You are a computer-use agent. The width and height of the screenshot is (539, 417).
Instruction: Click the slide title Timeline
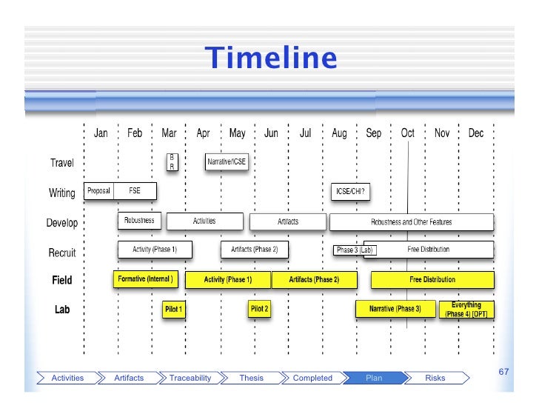pos(270,58)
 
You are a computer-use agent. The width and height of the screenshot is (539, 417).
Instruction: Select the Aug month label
pos(339,134)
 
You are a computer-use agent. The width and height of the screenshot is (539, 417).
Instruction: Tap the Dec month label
pos(476,134)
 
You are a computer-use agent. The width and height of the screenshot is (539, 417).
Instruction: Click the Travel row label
pos(61,163)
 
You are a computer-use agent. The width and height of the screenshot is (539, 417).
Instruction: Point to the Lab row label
pos(62,310)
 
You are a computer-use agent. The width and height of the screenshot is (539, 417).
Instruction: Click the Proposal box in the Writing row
pos(99,191)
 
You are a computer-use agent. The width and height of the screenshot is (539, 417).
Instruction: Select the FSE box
pos(135,191)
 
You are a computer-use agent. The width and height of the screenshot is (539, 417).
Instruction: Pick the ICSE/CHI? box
pos(350,191)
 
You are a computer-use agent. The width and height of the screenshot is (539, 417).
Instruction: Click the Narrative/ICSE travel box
pos(227,162)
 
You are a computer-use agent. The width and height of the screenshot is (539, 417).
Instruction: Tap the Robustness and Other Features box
pos(411,221)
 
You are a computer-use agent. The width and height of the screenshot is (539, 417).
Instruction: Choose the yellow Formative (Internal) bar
pos(145,279)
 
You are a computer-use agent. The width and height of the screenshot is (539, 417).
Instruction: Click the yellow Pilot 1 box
pos(173,309)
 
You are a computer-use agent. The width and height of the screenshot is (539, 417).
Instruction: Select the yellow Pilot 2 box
pos(259,308)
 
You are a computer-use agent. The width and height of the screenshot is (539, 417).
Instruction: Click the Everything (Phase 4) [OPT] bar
pos(466,309)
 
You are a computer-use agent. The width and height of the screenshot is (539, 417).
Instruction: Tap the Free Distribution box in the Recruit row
pos(429,250)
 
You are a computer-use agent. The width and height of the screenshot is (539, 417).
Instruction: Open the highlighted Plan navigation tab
pos(374,378)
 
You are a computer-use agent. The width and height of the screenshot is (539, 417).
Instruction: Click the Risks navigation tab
pos(435,378)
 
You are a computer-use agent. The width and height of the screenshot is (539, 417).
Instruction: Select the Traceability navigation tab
pos(190,378)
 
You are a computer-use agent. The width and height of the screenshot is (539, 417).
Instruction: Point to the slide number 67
pos(503,370)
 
